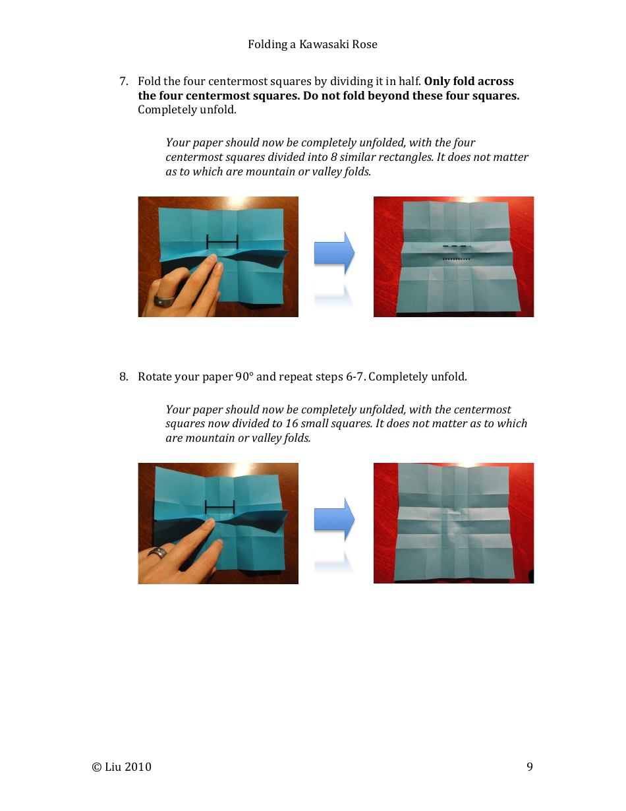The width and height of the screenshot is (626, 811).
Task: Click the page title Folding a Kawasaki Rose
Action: pos(312,44)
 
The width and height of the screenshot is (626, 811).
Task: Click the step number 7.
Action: pos(123,82)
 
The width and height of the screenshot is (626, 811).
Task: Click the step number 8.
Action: pos(123,377)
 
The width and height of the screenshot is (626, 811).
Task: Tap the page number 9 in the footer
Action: pos(530,766)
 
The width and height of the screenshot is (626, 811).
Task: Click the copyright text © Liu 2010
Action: pos(122,766)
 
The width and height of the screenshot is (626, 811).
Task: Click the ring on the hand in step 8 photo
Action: pos(157,553)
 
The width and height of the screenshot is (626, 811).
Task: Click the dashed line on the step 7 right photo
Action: pos(457,246)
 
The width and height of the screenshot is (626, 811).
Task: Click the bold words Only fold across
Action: pos(469,82)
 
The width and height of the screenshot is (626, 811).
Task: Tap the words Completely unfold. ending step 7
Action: pos(186,109)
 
